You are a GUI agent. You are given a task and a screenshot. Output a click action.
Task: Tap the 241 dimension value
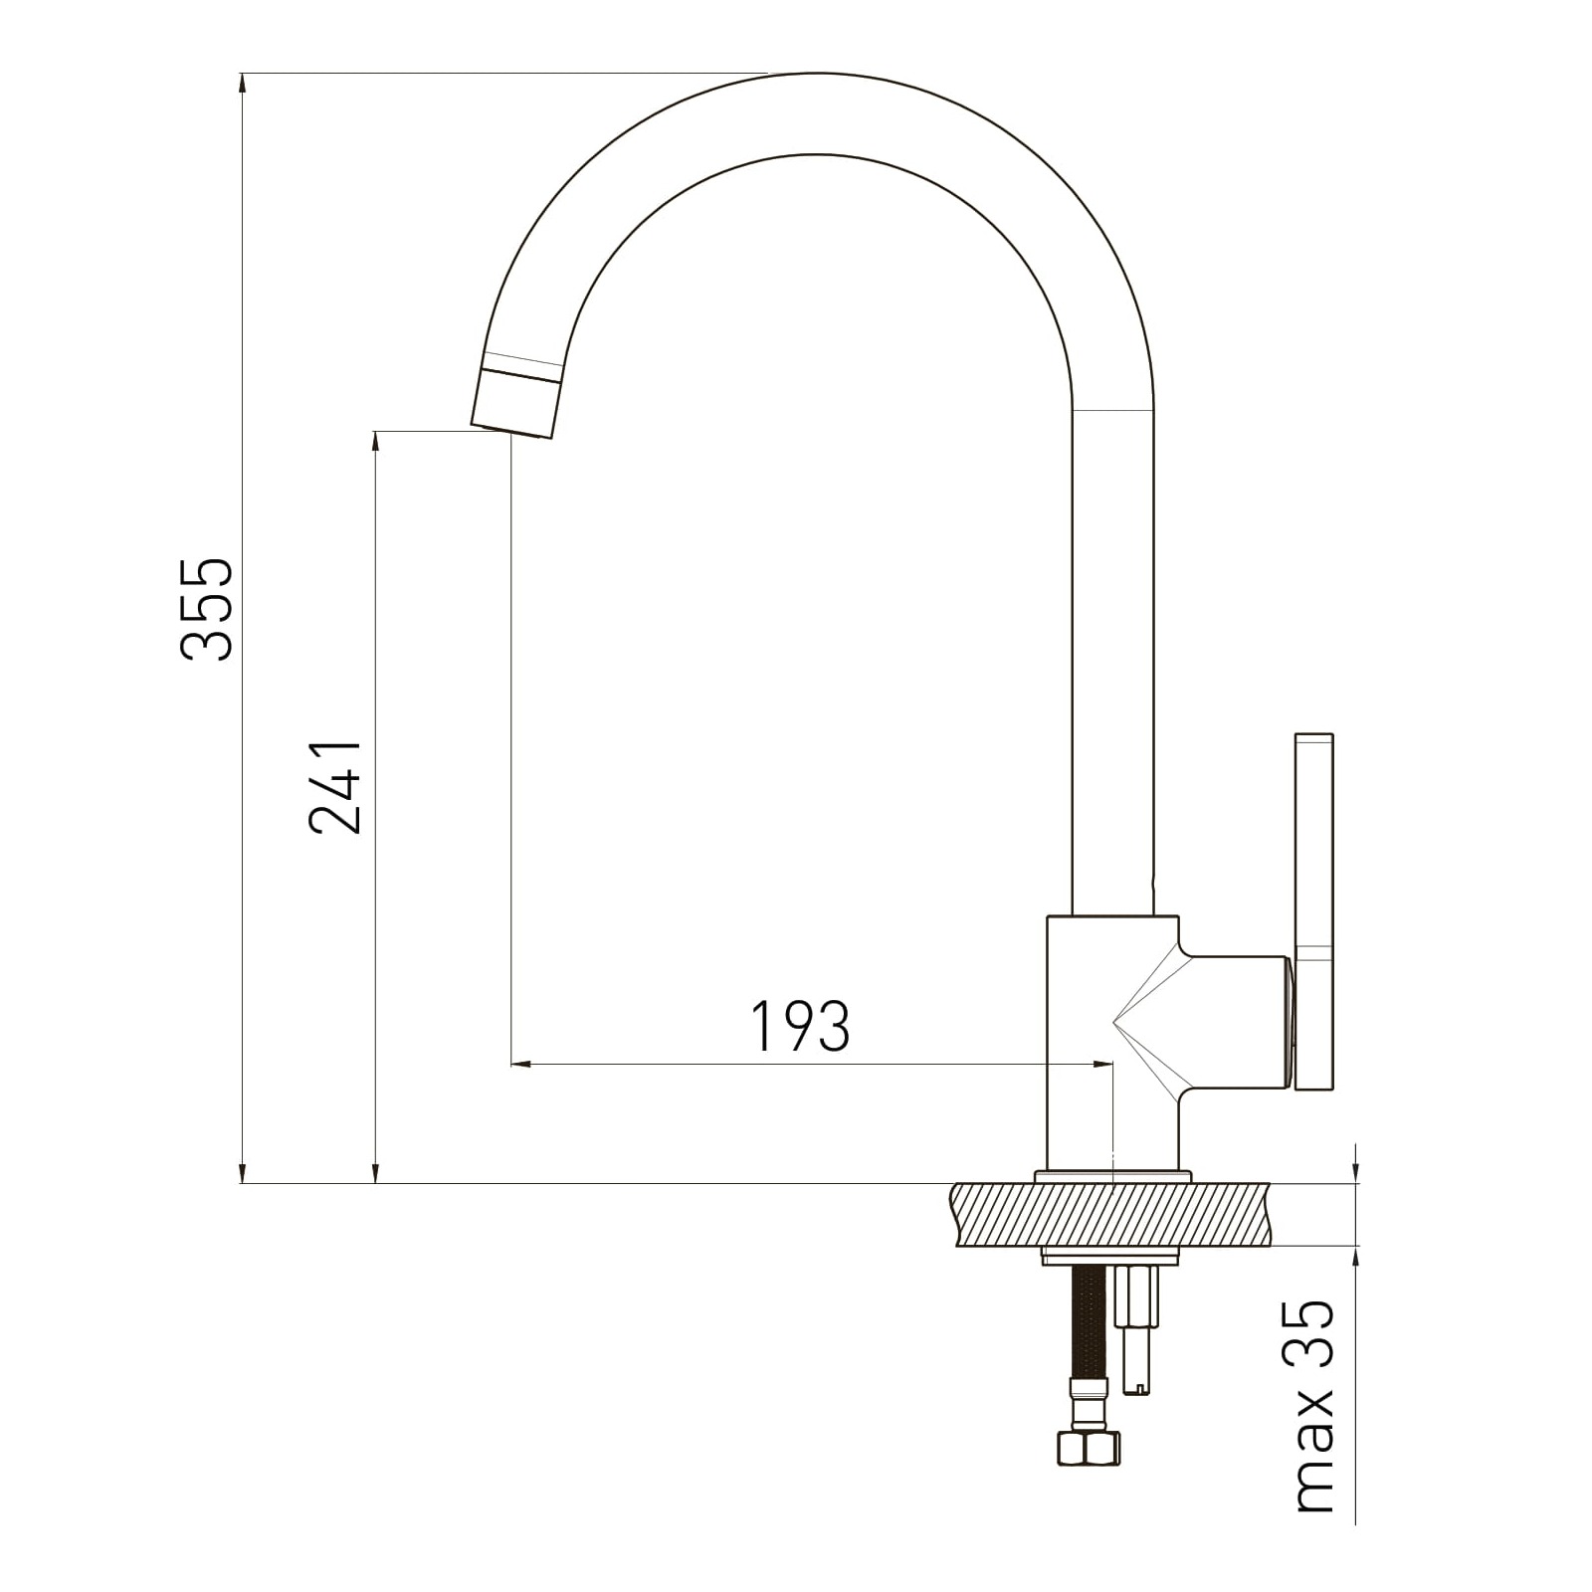(x=335, y=787)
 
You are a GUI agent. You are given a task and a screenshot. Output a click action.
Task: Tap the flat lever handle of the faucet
(x=1313, y=910)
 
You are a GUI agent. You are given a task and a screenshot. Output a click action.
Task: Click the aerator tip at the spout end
(x=514, y=402)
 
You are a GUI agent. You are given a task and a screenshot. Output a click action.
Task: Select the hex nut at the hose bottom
(x=1088, y=1448)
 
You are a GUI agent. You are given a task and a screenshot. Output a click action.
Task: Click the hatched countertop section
(x=1111, y=1214)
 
